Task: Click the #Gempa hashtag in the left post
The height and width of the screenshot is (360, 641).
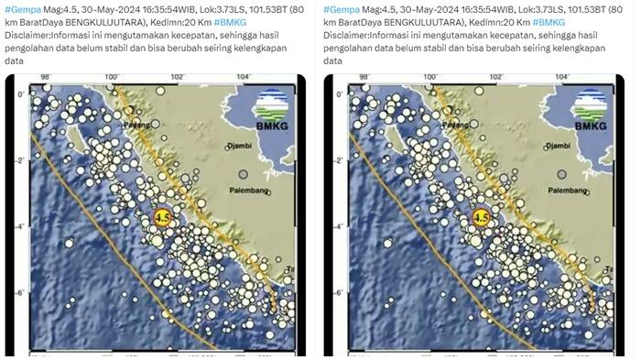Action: click(x=19, y=8)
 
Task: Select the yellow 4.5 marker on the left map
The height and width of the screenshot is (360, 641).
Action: click(x=163, y=217)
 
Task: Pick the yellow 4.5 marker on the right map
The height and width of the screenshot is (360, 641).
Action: click(x=481, y=217)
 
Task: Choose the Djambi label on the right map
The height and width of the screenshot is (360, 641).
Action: click(x=560, y=145)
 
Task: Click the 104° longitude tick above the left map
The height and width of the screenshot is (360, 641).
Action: click(x=242, y=78)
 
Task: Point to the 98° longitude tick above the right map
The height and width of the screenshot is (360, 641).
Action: click(x=364, y=78)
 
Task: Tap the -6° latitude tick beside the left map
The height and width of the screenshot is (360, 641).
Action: click(x=18, y=292)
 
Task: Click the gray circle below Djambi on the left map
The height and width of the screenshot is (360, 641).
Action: click(x=243, y=173)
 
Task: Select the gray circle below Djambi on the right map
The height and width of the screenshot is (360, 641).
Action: click(x=560, y=173)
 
